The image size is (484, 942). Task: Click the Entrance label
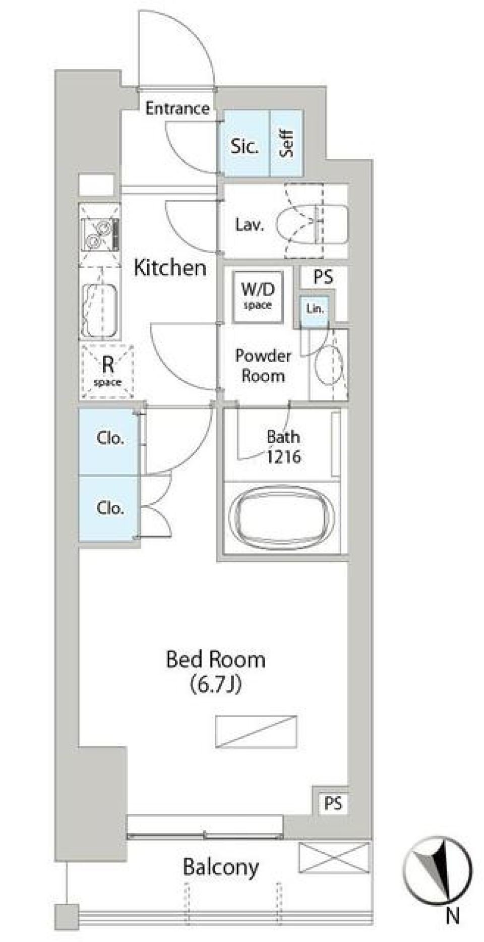tap(177, 108)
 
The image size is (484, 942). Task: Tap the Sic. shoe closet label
tap(245, 146)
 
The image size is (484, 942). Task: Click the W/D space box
tap(258, 297)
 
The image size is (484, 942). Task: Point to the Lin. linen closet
tap(315, 309)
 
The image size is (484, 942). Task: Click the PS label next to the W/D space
tap(323, 277)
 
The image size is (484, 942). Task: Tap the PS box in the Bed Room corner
tap(333, 803)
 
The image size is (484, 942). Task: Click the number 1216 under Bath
tap(284, 457)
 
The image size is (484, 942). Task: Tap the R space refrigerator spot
tap(107, 372)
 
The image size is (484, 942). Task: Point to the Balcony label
tap(221, 867)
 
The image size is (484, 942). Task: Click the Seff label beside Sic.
tap(286, 144)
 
